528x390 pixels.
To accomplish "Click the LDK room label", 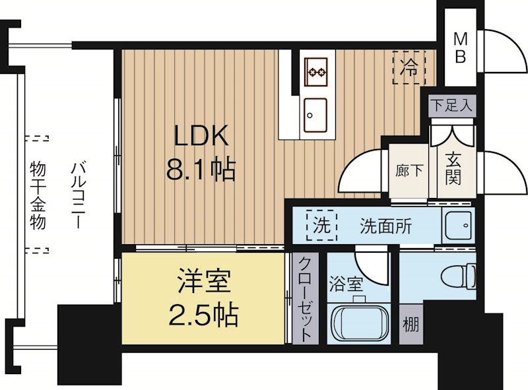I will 201,137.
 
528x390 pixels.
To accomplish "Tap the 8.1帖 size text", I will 201,171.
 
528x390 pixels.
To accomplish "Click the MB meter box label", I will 459,48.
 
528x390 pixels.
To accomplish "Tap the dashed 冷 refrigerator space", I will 410,68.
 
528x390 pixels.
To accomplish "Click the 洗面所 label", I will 385,226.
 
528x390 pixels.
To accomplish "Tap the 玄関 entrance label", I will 453,169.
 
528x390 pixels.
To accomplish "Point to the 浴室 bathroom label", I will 346,285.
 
